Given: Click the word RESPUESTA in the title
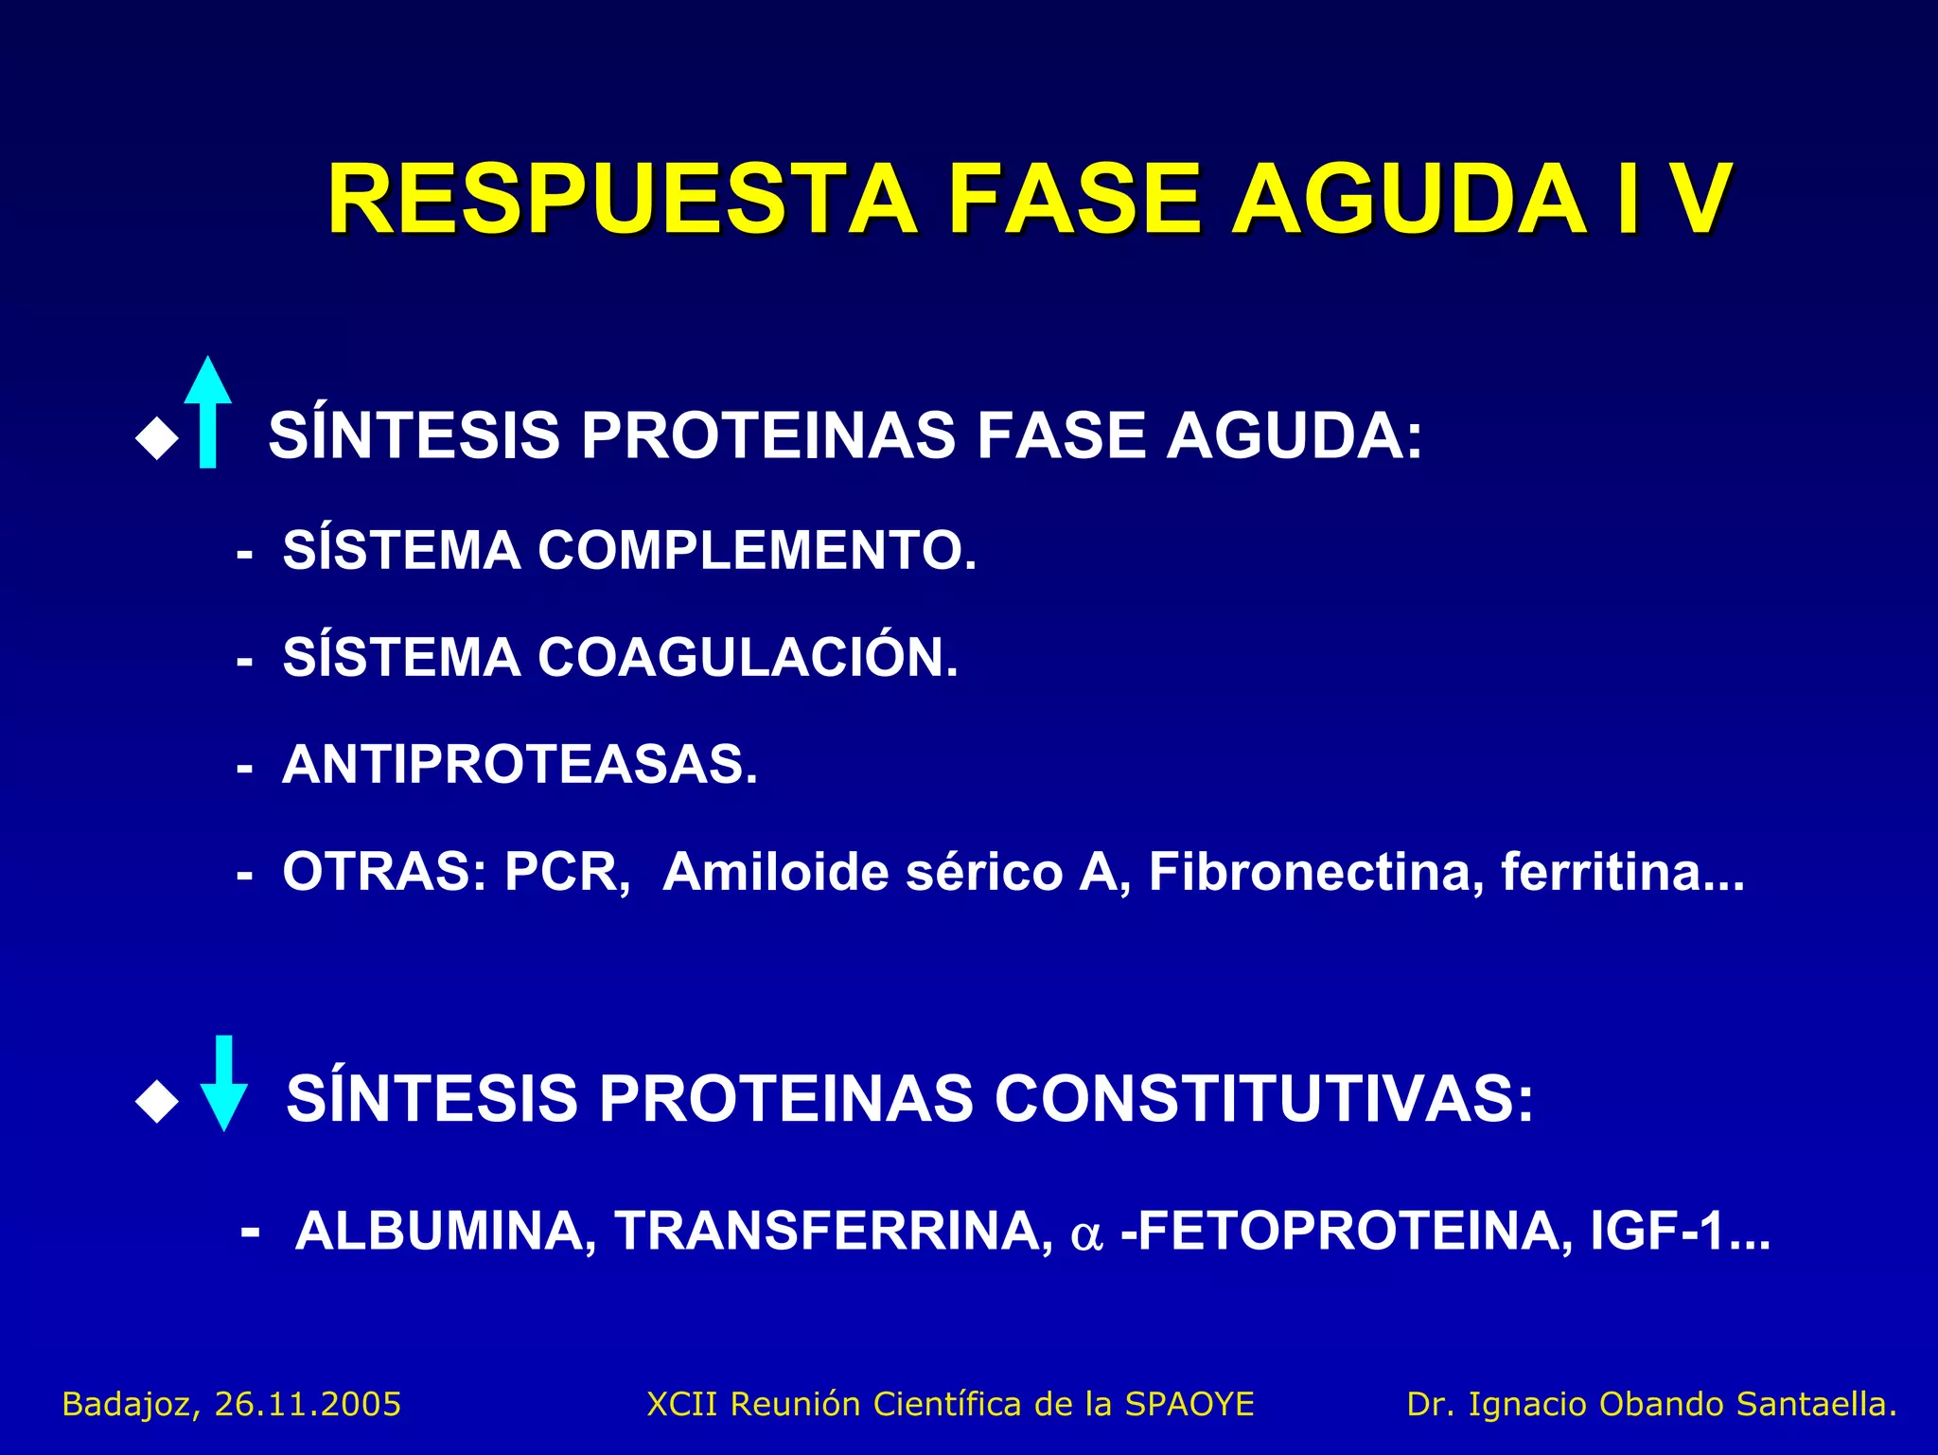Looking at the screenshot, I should (622, 200).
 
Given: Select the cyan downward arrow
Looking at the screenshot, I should (224, 1085).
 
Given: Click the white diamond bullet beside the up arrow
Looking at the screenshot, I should (157, 439).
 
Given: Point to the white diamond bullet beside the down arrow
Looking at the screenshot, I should (157, 1102).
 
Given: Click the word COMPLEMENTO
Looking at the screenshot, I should (756, 550).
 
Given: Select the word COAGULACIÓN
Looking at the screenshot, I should (748, 657).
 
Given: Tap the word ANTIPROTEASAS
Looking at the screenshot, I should (520, 764).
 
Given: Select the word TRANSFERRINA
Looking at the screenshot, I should (834, 1231).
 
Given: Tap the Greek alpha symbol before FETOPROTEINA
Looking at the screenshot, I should (1086, 1234).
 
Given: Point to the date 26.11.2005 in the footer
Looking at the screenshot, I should (308, 1404).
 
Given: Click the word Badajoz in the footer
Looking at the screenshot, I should (131, 1404).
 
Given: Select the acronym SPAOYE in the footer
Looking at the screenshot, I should (1189, 1404).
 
